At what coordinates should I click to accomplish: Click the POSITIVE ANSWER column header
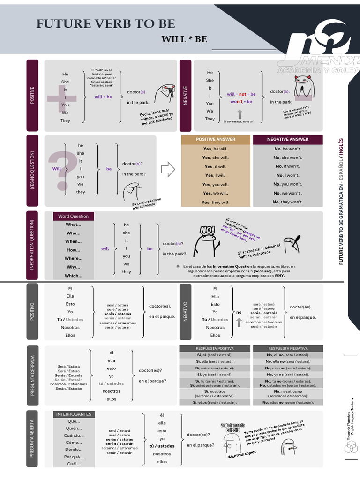(216, 139)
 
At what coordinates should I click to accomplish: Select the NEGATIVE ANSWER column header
(288, 139)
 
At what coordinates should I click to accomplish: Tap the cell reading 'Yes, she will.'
(216, 157)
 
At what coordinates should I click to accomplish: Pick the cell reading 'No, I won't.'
(288, 175)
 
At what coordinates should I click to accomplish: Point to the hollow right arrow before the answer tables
(167, 169)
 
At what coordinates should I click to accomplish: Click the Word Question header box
(73, 216)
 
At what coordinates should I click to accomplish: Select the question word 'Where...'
(73, 258)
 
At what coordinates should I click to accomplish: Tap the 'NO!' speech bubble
(207, 230)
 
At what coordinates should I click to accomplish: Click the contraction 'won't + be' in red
(241, 102)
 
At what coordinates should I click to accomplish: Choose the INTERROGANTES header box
(74, 414)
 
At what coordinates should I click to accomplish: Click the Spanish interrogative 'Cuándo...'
(74, 435)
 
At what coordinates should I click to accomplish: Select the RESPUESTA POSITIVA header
(215, 349)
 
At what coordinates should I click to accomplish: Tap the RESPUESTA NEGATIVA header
(288, 349)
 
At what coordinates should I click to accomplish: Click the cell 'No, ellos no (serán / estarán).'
(288, 402)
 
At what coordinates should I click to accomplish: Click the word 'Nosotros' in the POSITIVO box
(70, 327)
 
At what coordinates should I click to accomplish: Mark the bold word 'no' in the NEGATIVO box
(239, 312)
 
